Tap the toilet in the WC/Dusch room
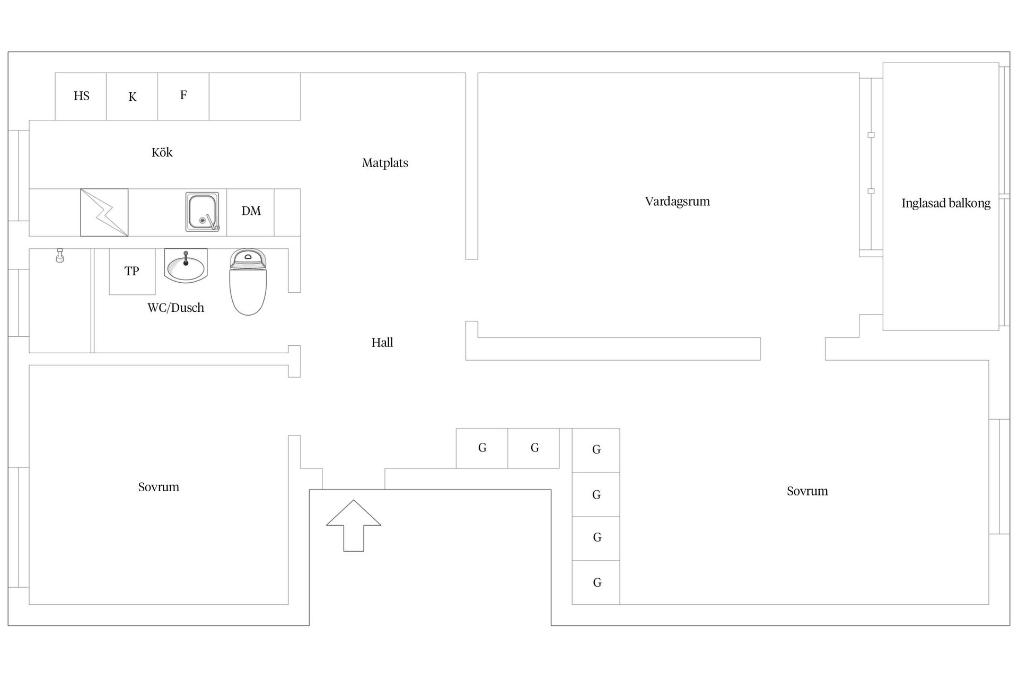point(248,283)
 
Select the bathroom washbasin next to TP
point(186,266)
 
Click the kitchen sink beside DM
point(202,212)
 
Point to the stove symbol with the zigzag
point(104,212)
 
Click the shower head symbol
point(60,256)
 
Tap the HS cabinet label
point(81,96)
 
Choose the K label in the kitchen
point(133,97)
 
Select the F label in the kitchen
point(183,95)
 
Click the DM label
point(251,211)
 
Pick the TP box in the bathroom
point(132,272)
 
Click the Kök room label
point(162,153)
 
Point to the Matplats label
point(385,163)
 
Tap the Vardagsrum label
point(677,202)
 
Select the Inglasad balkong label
point(945,203)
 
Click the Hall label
point(382,343)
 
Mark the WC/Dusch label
point(175,308)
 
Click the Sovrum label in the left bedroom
point(159,487)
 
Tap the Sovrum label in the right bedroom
point(807,491)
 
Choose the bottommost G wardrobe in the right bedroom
point(596,582)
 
